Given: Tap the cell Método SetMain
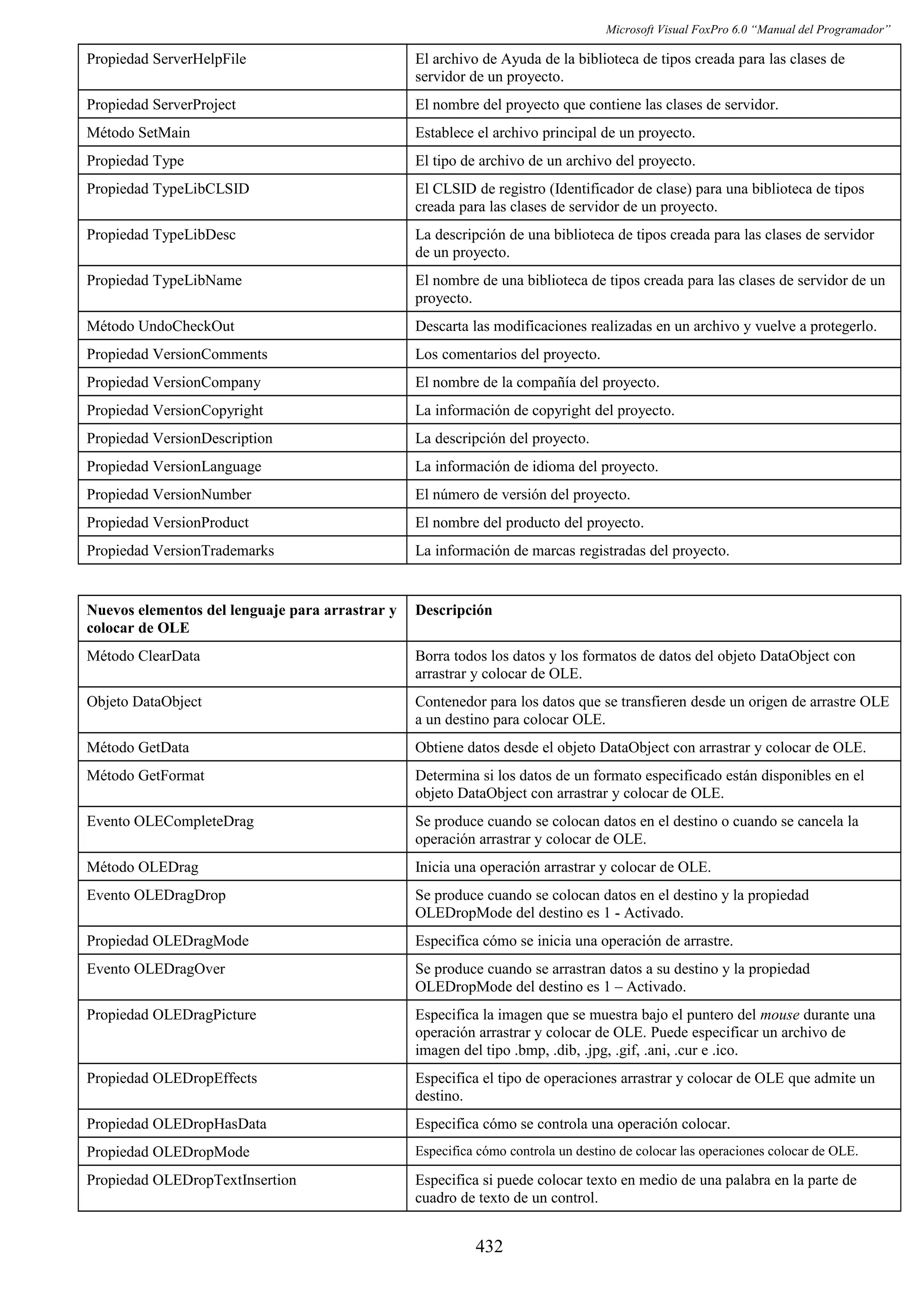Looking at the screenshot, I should pos(138,133).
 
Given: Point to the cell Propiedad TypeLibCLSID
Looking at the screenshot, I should pos(168,189).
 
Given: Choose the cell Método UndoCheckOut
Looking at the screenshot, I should pos(160,326).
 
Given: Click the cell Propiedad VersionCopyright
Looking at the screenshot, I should pos(174,410).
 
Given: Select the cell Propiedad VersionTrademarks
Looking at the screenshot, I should pos(180,551).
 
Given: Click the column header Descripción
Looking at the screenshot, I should pos(453,610).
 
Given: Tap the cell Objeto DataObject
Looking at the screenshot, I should pos(144,702).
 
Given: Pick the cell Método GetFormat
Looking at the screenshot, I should pos(145,776).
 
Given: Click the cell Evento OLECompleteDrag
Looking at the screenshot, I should pos(170,821).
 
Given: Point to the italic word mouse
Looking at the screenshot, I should pos(779,1015).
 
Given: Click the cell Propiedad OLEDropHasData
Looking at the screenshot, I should pos(176,1124).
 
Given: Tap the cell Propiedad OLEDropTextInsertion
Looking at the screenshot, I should pos(191,1180).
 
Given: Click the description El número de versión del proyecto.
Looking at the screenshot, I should pos(522,495).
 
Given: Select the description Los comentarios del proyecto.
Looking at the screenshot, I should pos(507,354).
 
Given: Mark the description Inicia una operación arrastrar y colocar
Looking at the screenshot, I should pos(563,867).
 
